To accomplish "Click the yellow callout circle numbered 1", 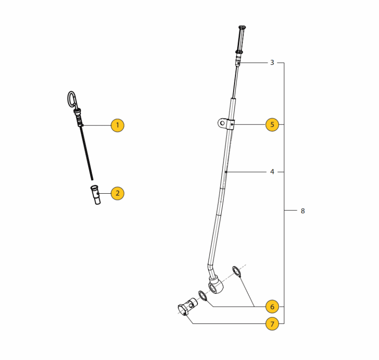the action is (117, 125).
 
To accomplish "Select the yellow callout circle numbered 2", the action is (117, 193).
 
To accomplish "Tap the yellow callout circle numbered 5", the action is (272, 125).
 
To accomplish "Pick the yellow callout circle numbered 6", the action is (272, 306).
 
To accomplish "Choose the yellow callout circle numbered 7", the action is (272, 324).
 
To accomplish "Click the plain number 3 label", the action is (272, 63).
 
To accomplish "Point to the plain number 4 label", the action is (272, 172).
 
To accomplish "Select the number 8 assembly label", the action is (303, 211).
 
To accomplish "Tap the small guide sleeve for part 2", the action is (96, 195).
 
